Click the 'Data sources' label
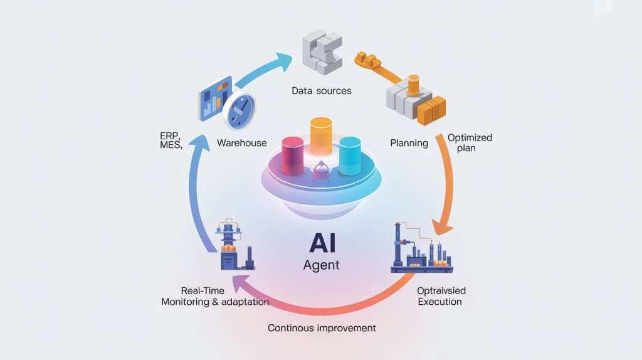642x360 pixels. coord(322,91)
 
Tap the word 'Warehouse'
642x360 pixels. coord(241,143)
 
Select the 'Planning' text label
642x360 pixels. coord(409,143)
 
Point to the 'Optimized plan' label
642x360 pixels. coord(470,142)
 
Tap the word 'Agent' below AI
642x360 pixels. coord(321,265)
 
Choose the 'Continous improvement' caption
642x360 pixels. coord(322,328)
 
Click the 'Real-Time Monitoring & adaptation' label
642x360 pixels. coord(215,296)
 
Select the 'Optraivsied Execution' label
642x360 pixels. coord(441,296)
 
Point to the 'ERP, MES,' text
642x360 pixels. coord(170,140)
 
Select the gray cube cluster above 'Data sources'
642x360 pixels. coord(322,51)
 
